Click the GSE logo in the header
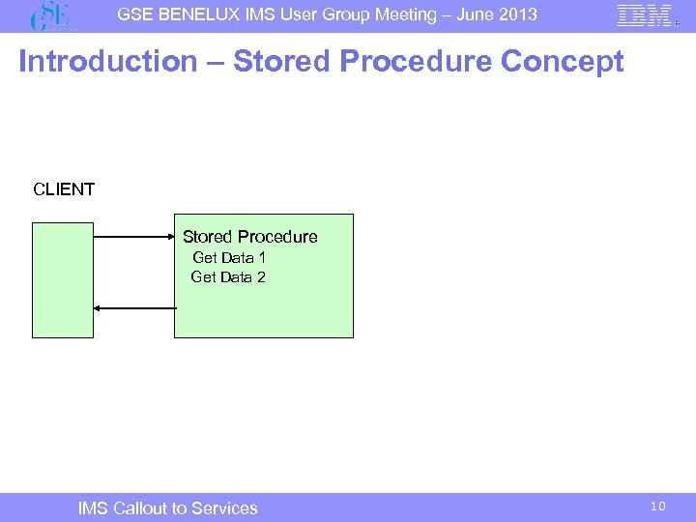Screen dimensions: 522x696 [53, 16]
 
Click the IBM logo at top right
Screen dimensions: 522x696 [645, 15]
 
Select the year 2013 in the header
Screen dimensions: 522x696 [517, 14]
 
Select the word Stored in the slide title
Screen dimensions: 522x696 [284, 62]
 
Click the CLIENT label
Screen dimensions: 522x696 [64, 189]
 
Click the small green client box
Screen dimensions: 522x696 [63, 279]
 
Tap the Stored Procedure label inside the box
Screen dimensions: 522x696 [249, 237]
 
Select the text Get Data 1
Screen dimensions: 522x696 [229, 257]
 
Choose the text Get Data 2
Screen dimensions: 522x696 [228, 277]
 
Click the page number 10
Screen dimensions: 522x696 [657, 507]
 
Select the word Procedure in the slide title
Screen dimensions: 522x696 [418, 62]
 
